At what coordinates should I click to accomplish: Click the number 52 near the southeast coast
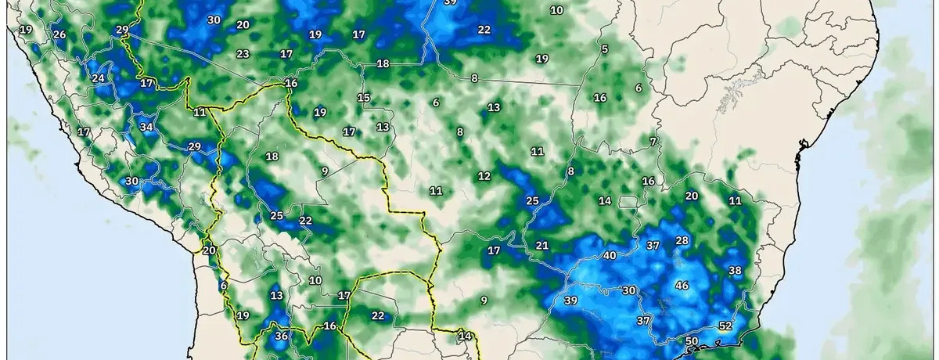[725, 326]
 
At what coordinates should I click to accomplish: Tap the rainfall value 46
[682, 286]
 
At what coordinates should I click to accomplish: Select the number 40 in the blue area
[610, 256]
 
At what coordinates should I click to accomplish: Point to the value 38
[735, 271]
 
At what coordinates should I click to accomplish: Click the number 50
[691, 341]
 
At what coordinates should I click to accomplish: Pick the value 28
[682, 240]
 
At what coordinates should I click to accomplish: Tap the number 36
[282, 337]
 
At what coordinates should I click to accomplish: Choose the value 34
[146, 127]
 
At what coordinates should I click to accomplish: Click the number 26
[59, 35]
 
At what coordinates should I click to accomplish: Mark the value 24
[98, 78]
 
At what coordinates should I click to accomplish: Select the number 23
[243, 54]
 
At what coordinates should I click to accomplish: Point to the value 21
[542, 246]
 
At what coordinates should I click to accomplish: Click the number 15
[364, 98]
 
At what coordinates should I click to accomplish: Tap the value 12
[484, 176]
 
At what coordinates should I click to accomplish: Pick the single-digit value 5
[605, 50]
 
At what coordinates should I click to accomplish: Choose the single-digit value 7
[653, 142]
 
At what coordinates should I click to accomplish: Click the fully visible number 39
[570, 301]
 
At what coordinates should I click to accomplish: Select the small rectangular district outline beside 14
[628, 202]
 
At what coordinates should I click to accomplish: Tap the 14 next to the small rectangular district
[605, 201]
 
